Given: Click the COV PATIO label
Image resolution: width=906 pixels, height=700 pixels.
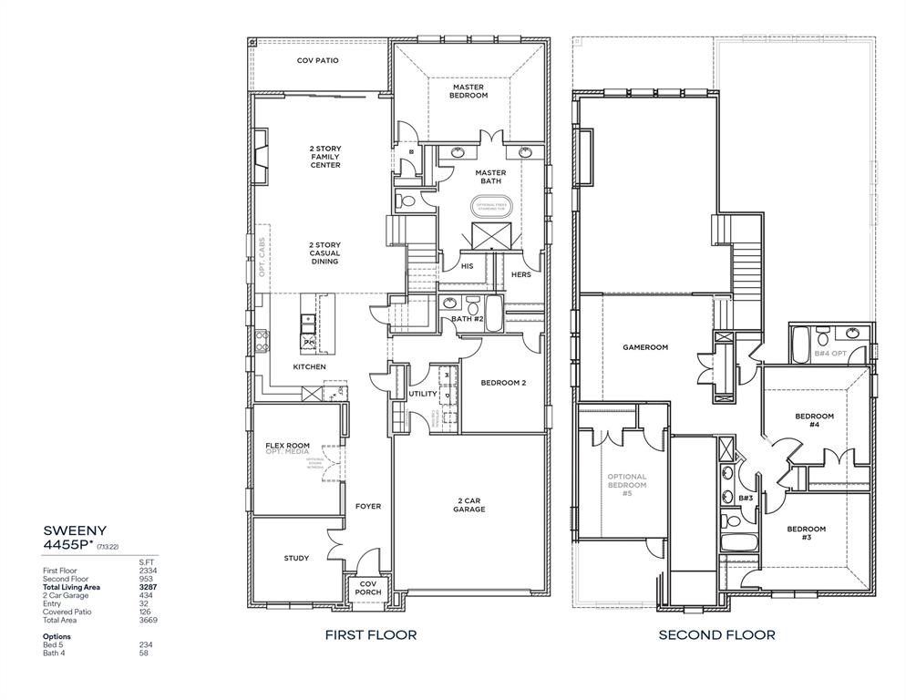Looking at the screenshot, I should pos(317,60).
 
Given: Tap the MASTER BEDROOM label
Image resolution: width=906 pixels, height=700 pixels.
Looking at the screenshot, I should pos(468,91).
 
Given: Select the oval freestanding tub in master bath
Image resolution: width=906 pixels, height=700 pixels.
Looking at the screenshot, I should pos(492,206).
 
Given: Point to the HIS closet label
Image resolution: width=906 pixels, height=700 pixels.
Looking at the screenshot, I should pos(468,266).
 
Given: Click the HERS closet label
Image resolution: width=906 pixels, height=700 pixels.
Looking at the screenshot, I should pos(521,274).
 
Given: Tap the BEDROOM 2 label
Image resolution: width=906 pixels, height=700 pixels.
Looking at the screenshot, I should pos(503,383).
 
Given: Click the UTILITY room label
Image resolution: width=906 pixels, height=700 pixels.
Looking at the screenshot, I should pos(422,394).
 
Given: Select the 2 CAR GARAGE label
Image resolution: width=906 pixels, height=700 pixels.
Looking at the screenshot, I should pos(469,504).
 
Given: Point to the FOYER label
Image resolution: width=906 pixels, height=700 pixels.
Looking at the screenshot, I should pos(368,506).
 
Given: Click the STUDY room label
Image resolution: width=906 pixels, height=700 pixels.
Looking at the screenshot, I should pos(295,558).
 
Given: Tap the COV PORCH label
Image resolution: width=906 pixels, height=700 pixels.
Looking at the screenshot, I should pos(368,588).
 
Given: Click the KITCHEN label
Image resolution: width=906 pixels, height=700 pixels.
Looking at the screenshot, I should pos(309,366).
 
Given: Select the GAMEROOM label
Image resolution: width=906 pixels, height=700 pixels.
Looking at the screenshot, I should pos(645,347).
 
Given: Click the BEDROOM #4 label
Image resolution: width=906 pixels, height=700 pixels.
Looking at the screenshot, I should pos(814,420).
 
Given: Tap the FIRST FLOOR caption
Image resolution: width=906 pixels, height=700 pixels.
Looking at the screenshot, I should pos(370,634).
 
